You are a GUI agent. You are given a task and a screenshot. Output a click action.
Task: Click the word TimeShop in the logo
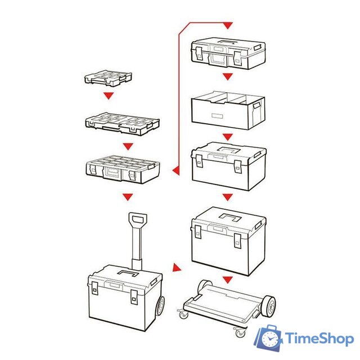[x=319, y=339]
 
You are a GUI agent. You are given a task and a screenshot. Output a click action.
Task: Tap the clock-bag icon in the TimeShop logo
[x=268, y=338]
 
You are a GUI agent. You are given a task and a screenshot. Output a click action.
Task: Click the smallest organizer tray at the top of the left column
[x=108, y=78]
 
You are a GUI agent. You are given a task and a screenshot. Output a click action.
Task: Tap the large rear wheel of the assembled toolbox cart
[x=160, y=307]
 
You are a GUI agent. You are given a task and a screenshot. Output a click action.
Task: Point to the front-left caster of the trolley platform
[x=183, y=314]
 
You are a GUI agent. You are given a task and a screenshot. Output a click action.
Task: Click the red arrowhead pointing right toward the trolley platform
[x=177, y=268]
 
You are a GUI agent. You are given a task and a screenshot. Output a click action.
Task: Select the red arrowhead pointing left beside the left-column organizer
[x=176, y=170]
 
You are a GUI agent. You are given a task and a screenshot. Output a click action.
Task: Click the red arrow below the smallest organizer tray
[x=109, y=96]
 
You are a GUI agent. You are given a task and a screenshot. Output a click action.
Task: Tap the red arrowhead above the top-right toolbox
[x=227, y=25]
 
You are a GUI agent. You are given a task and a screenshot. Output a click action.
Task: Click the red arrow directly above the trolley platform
[x=227, y=280]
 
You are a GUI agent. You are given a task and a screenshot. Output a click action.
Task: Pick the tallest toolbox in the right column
[x=228, y=241]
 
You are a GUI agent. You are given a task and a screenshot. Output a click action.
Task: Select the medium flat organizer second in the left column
[x=123, y=124]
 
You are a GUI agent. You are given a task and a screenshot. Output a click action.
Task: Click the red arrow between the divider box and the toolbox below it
[x=227, y=137]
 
